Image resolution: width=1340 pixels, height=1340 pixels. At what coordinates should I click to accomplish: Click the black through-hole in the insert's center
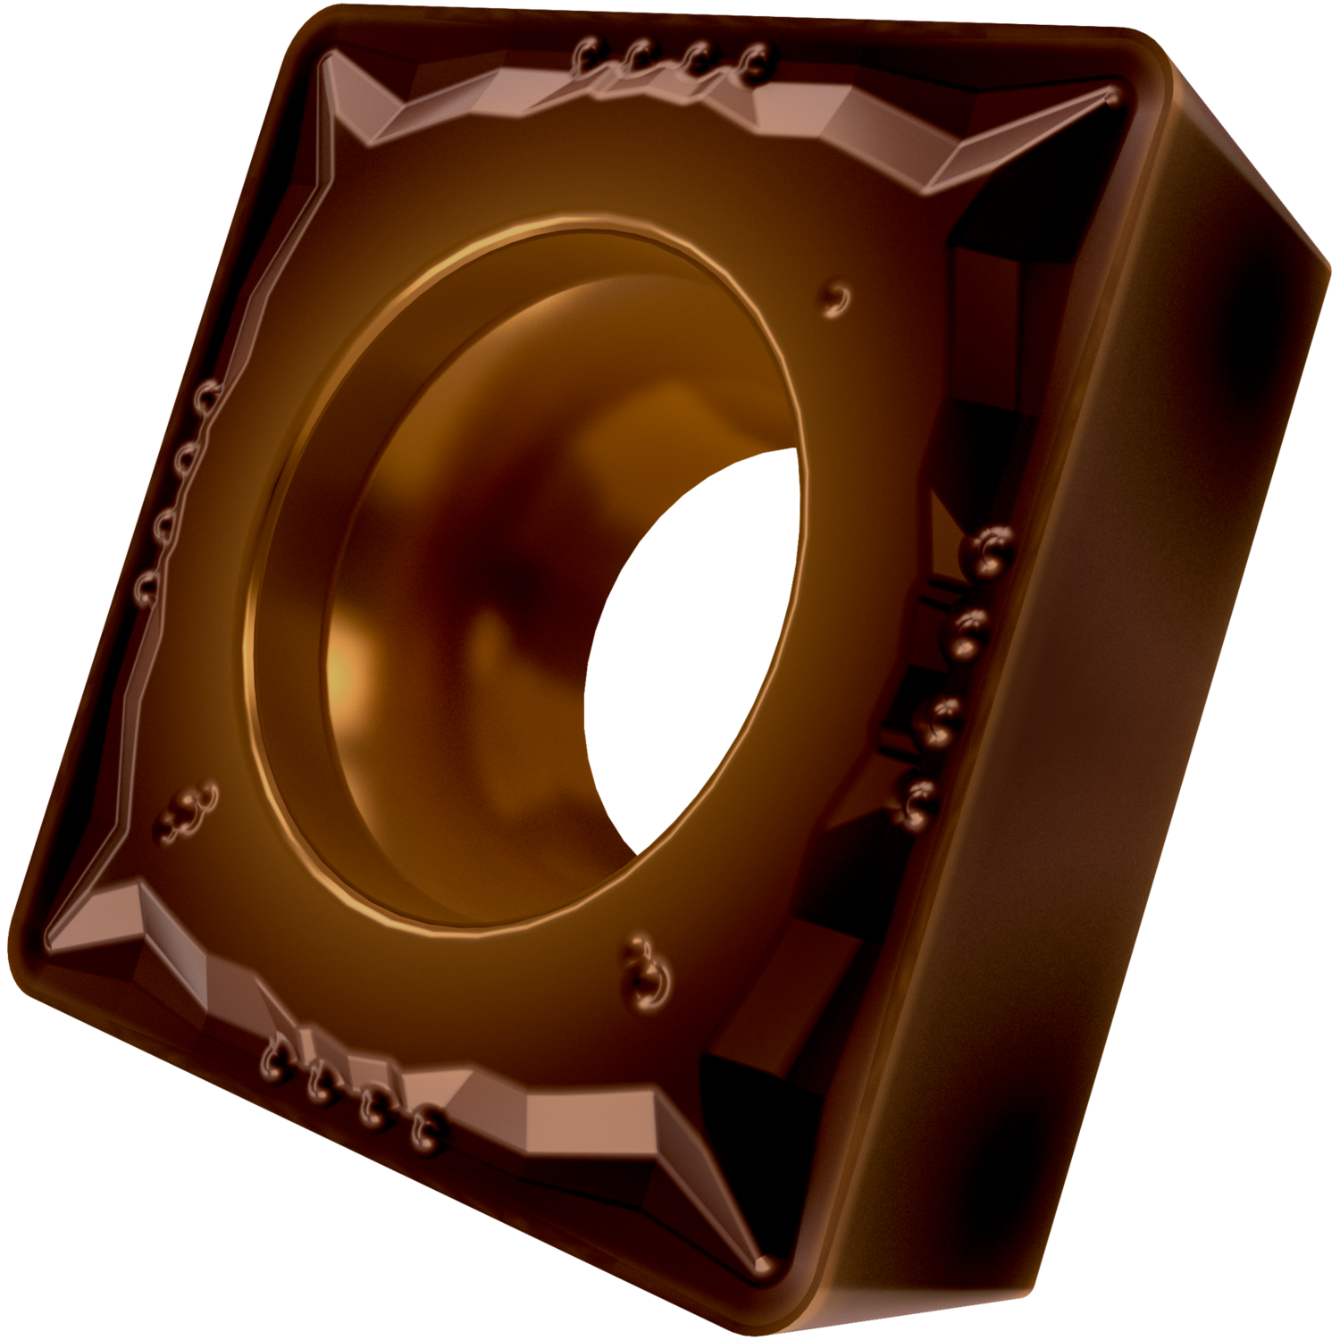[688, 652]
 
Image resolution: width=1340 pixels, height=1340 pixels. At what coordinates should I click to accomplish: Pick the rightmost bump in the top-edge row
[756, 63]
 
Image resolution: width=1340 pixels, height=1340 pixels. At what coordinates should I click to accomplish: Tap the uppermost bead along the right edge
[992, 549]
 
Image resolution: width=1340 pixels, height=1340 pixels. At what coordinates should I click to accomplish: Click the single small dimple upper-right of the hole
[836, 298]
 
